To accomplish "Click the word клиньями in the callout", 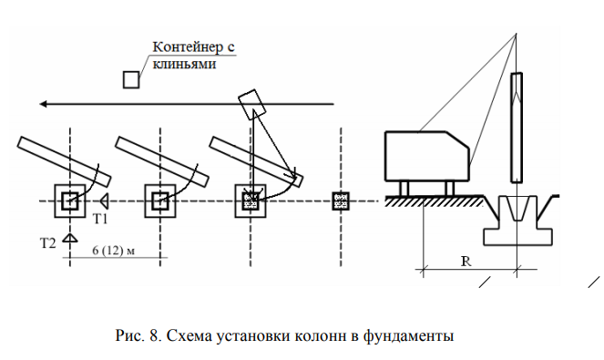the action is pos(184,64).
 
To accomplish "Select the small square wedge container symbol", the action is pos(131,80).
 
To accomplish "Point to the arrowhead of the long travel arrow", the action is pos(44,104).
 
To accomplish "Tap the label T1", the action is pos(100,219).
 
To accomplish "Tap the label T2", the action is pos(48,243).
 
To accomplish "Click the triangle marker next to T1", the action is pos(104,201).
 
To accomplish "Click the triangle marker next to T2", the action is pos(70,238).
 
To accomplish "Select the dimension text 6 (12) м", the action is pos(114,251).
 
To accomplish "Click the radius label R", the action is pos(466,262).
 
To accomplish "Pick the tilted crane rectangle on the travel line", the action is pos(252,103).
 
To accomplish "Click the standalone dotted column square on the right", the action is pos(341,201).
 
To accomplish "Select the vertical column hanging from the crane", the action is pos(517,128).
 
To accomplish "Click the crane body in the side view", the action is pos(427,156).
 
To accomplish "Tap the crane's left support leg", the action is pos(404,189).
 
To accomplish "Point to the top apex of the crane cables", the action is pos(516,34).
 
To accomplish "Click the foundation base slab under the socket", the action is pos(518,237).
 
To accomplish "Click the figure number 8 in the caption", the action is pos(154,335).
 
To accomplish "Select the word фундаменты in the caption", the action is pos(408,336).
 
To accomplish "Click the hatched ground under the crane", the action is pos(435,201).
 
